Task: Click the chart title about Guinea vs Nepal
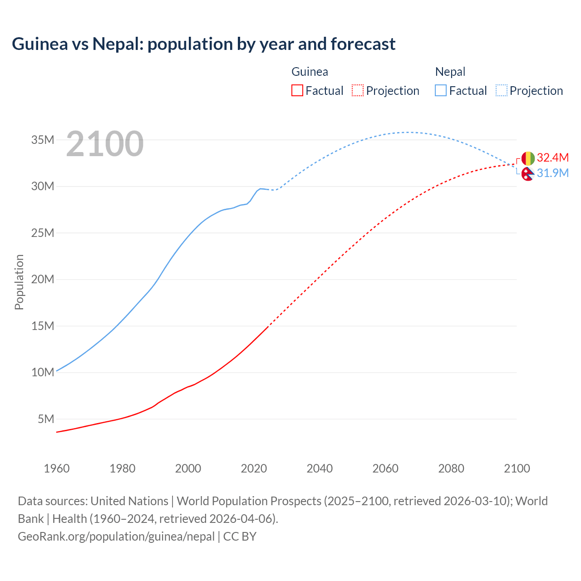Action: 203,44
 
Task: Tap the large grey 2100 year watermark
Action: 105,144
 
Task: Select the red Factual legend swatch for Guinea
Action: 297,90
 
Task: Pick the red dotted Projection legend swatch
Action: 358,90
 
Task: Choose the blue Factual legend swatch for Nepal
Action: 441,90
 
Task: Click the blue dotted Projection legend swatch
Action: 501,90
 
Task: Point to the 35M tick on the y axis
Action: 43,140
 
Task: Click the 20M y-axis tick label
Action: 43,280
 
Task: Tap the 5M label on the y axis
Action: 46,419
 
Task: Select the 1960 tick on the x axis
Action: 57,468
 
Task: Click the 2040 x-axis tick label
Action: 320,468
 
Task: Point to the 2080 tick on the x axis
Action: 451,468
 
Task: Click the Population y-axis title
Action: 19,282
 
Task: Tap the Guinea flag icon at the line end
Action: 528,158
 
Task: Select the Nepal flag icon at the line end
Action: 527,173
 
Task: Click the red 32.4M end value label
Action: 552,158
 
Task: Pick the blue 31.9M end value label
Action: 552,173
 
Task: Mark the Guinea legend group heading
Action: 310,72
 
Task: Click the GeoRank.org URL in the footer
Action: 116,537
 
